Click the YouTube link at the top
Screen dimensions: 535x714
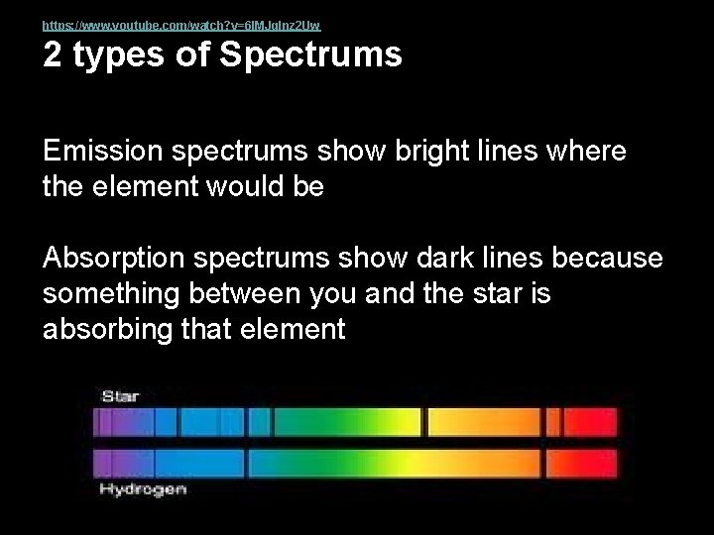[181, 24]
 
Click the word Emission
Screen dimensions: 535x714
[104, 154]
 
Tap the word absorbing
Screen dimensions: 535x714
[105, 330]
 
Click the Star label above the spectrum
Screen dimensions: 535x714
[121, 395]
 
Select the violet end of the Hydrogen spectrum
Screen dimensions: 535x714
[109, 464]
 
